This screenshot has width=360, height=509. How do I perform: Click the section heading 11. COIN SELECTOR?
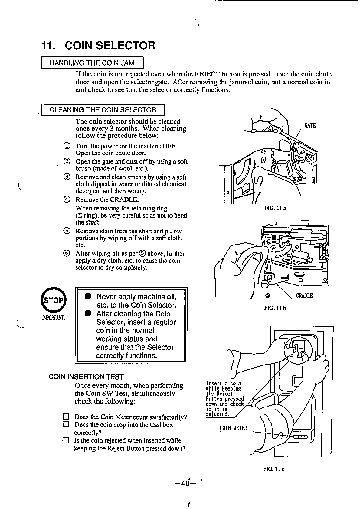[98, 46]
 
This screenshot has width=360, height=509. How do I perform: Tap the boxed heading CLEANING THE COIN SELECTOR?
[103, 110]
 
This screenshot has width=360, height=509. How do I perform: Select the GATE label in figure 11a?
[310, 126]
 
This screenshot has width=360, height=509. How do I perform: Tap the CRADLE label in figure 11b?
[304, 296]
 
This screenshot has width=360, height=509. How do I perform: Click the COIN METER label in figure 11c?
[233, 428]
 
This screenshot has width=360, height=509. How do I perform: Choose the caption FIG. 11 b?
[275, 308]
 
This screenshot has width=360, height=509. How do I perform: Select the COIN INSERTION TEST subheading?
[86, 377]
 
